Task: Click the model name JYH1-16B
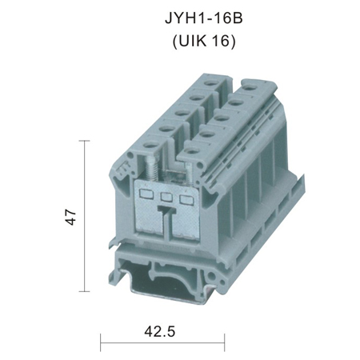204,18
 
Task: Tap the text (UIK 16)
204,42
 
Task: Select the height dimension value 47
70,218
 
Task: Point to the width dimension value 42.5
160,332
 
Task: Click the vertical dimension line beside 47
85,216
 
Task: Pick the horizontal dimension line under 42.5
162,342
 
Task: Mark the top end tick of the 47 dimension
85,141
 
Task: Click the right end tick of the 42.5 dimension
225,342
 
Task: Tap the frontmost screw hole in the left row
150,146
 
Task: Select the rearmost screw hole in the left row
210,84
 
